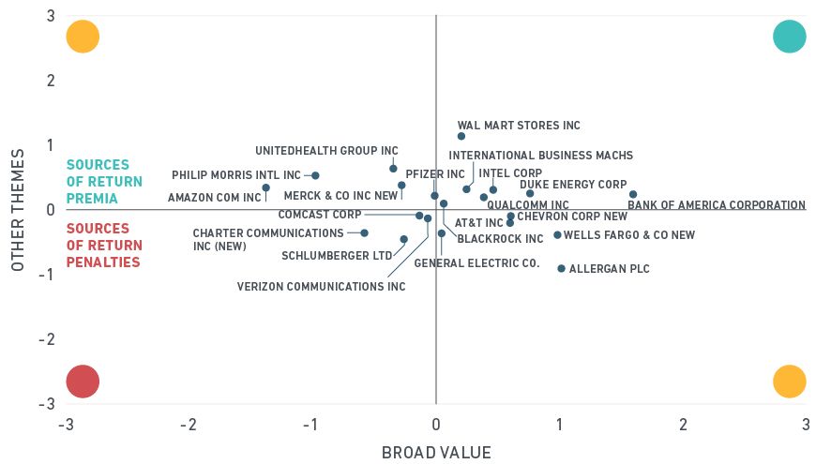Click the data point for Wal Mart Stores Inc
[461, 136]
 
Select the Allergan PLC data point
[561, 268]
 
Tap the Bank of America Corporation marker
[633, 194]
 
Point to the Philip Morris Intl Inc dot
[315, 175]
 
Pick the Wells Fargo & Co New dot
[557, 235]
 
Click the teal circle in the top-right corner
[790, 37]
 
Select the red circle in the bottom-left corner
[83, 382]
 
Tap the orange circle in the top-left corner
[83, 37]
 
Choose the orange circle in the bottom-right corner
[790, 382]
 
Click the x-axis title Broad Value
[436, 453]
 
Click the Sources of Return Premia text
[104, 182]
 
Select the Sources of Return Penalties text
[104, 246]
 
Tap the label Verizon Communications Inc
[321, 287]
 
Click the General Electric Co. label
[476, 263]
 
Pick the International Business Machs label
[540, 156]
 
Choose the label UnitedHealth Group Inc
[326, 150]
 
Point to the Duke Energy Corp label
[573, 185]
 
